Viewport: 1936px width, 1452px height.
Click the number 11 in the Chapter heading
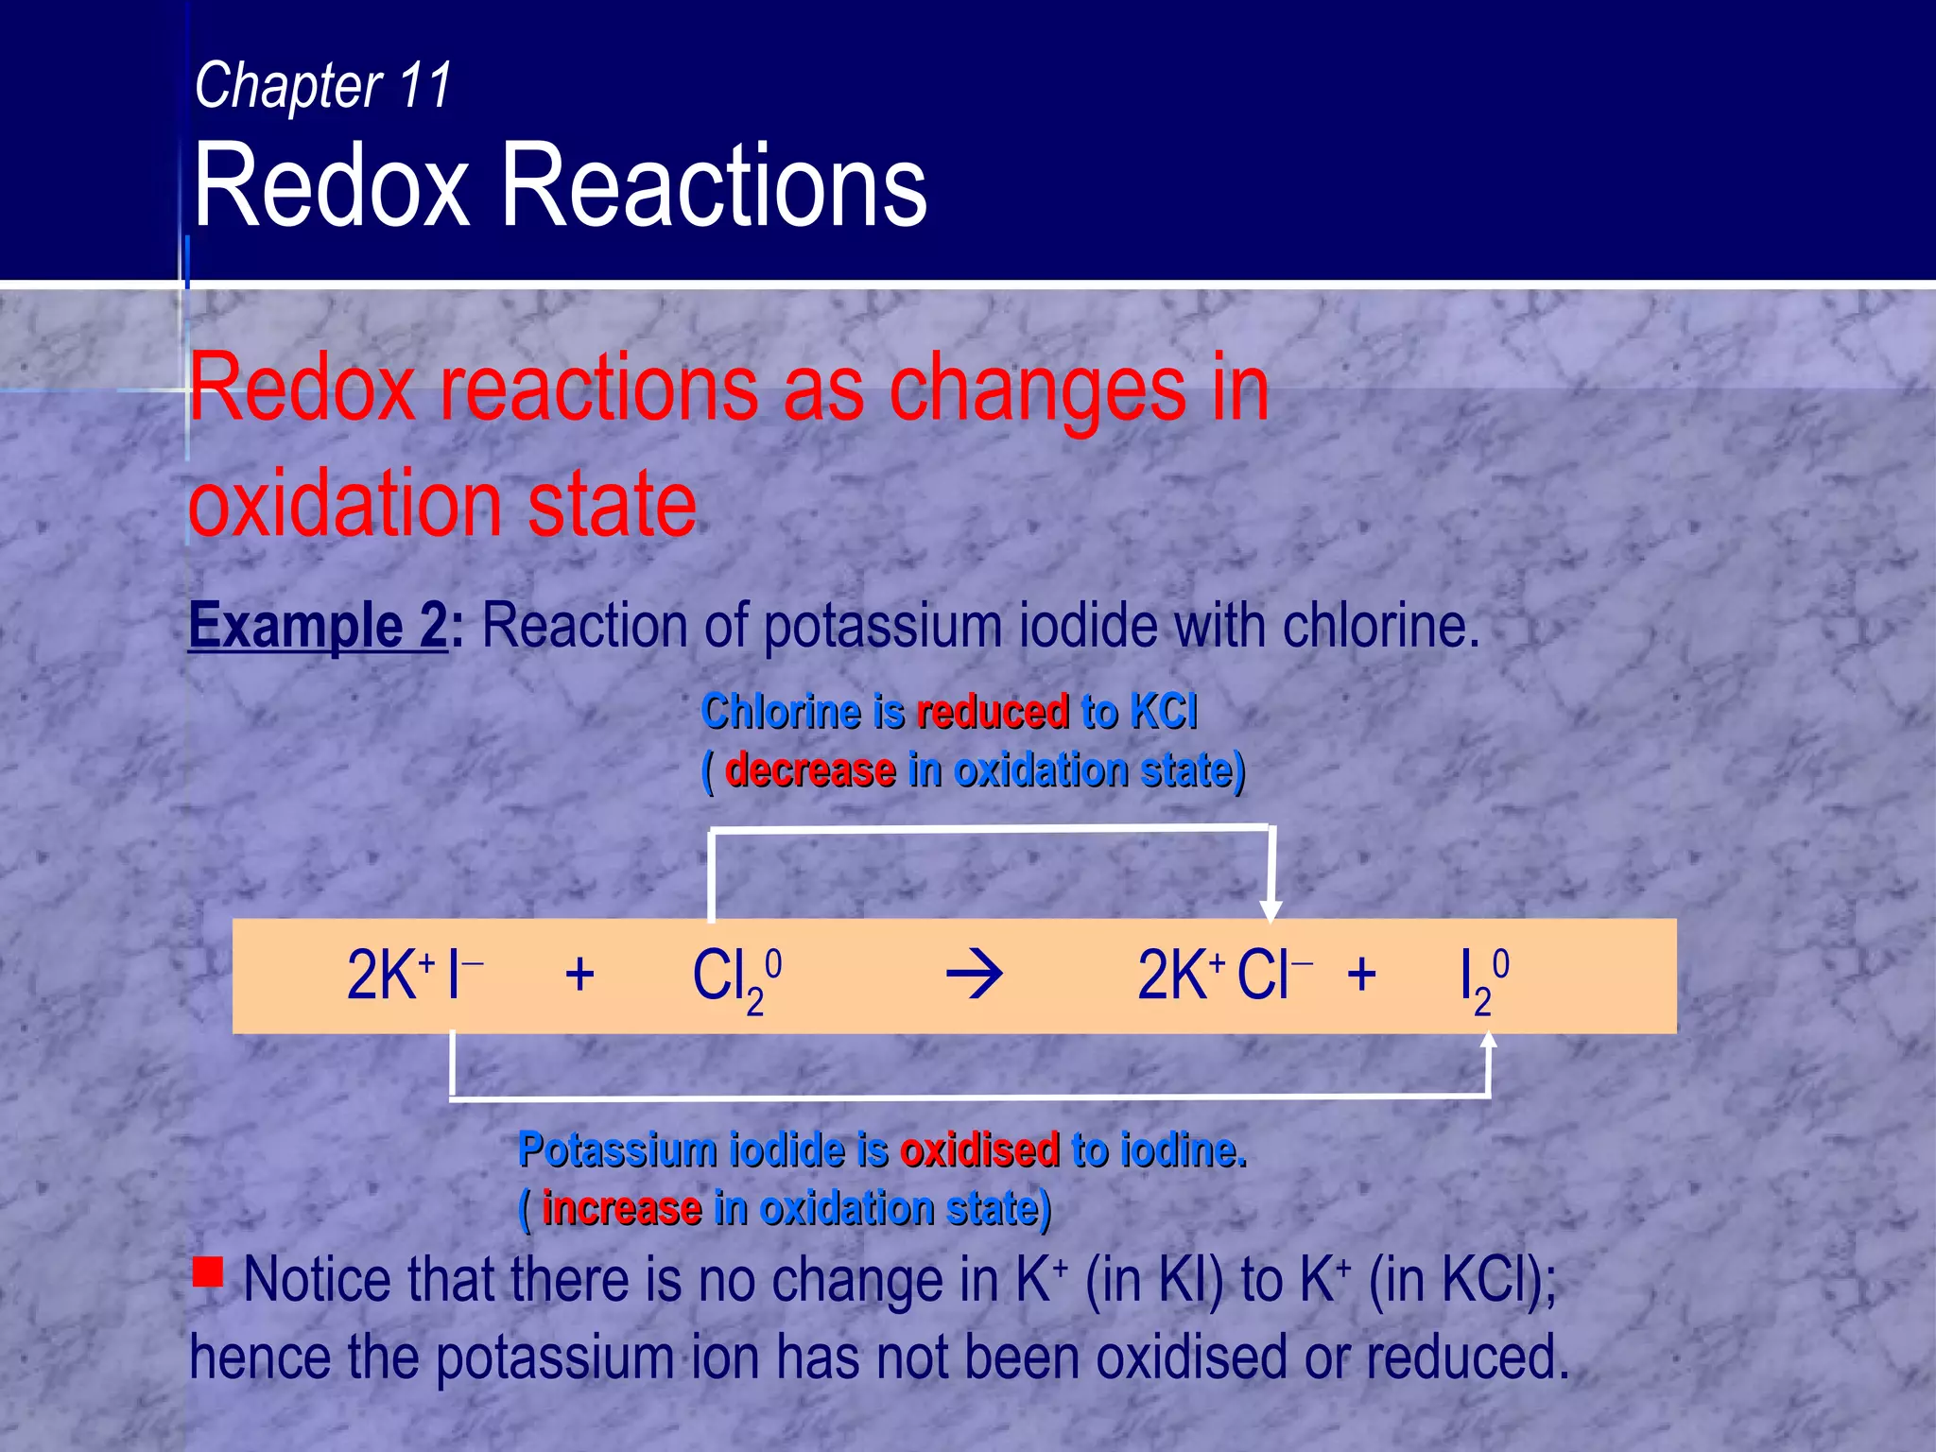click(x=425, y=85)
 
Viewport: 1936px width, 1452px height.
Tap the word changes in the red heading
click(x=1035, y=388)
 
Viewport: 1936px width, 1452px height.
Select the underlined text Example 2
click(x=318, y=626)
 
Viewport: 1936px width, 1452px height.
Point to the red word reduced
click(x=993, y=712)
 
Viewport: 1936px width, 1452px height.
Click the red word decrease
click(x=810, y=770)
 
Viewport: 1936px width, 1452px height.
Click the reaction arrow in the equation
click(x=974, y=976)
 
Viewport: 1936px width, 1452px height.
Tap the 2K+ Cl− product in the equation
click(x=1223, y=976)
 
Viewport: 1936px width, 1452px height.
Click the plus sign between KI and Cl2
click(x=579, y=976)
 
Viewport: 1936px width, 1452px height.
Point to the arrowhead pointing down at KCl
click(x=1271, y=909)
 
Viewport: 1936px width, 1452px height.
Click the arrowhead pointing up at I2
click(x=1489, y=1040)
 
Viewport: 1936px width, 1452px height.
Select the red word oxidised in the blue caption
click(x=979, y=1150)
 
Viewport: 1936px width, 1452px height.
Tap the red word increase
click(x=621, y=1209)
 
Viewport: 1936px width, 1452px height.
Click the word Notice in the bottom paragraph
click(x=317, y=1281)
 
